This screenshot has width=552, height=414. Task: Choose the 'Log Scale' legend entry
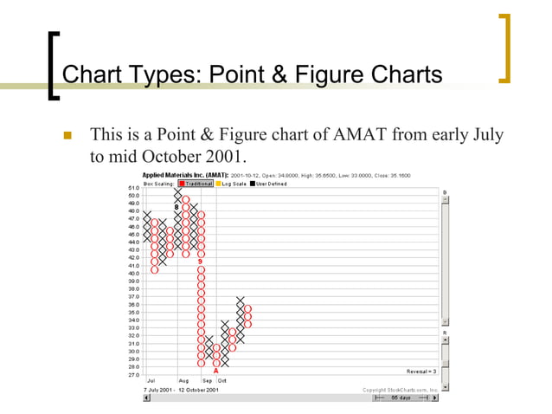(x=231, y=183)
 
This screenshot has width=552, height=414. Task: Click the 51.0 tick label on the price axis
(x=134, y=188)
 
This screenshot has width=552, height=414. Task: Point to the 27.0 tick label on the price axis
(x=134, y=375)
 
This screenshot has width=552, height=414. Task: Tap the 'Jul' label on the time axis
(x=151, y=380)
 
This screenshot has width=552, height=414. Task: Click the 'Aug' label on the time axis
(x=183, y=380)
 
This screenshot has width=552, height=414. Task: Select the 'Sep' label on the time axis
(x=208, y=380)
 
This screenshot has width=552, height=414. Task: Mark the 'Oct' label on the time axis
(x=222, y=380)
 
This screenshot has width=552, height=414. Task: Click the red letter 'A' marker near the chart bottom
(x=215, y=371)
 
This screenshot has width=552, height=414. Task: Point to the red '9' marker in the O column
(x=200, y=261)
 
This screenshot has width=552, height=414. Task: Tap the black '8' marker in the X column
(x=177, y=207)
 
